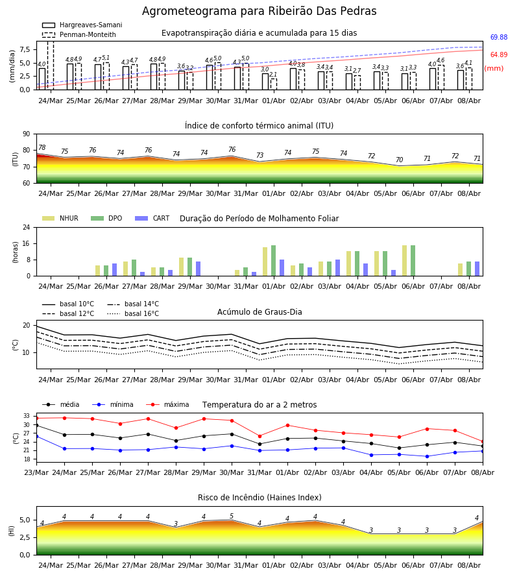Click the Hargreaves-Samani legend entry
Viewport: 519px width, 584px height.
click(82, 25)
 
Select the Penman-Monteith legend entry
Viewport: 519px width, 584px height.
click(79, 34)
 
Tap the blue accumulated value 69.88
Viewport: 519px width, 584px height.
click(499, 37)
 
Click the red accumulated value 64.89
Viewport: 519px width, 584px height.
click(499, 55)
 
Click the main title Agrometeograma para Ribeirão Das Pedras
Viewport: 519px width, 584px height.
click(259, 11)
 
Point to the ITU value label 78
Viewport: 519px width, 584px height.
click(42, 147)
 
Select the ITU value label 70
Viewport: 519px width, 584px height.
click(399, 160)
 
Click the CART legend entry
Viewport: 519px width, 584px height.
click(152, 218)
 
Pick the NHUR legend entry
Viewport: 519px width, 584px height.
click(60, 218)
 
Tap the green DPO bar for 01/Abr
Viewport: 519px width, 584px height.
click(273, 261)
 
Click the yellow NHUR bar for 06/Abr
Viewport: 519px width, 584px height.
click(404, 261)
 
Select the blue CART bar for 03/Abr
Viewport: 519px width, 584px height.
click(338, 268)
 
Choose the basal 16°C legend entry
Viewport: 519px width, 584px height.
click(133, 313)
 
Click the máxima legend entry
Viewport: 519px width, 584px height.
click(167, 404)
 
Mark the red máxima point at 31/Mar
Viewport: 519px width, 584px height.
click(260, 436)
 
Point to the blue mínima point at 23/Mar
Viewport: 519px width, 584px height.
click(36, 436)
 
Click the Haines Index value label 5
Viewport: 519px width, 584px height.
click(232, 517)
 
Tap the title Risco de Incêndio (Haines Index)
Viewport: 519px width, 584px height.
click(259, 498)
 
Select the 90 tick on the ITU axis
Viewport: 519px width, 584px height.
click(27, 134)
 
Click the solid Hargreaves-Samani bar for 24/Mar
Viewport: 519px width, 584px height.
click(42, 79)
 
